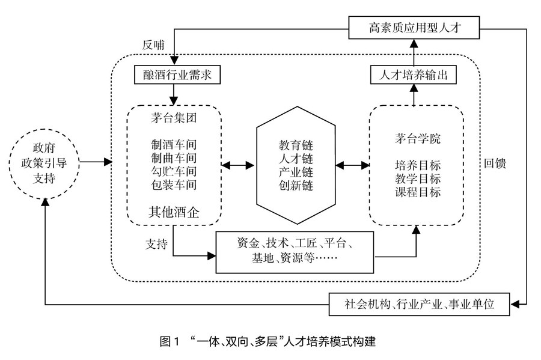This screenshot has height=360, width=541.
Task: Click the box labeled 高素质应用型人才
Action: [415, 26]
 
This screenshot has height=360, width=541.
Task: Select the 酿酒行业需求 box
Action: [174, 75]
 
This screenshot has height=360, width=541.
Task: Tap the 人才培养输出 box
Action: [414, 75]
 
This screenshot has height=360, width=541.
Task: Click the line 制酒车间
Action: [174, 145]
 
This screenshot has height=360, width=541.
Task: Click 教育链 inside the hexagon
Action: [296, 145]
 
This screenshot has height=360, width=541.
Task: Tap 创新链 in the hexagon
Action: [296, 186]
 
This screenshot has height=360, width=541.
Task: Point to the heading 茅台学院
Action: [415, 139]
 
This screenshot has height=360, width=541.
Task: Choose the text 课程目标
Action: [415, 192]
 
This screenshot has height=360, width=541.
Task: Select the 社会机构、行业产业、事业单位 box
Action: [420, 305]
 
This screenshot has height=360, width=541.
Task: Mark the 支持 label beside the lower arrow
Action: [156, 245]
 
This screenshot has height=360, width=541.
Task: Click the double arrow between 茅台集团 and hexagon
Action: [240, 163]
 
